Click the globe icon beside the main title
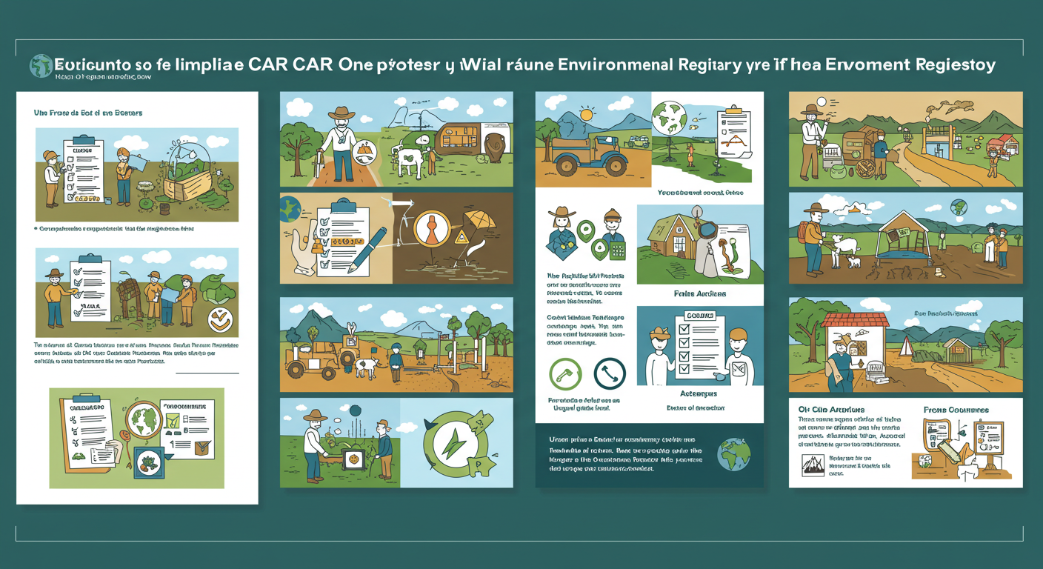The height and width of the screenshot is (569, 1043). pyautogui.click(x=41, y=66)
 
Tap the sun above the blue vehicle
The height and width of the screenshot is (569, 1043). pyautogui.click(x=587, y=114)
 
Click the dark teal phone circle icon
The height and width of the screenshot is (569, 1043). pyautogui.click(x=610, y=374)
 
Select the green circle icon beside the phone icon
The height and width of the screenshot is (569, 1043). pyautogui.click(x=565, y=374)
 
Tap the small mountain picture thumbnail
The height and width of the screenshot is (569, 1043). pyautogui.click(x=813, y=465)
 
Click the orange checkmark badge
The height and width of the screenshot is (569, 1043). pyautogui.click(x=220, y=320)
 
